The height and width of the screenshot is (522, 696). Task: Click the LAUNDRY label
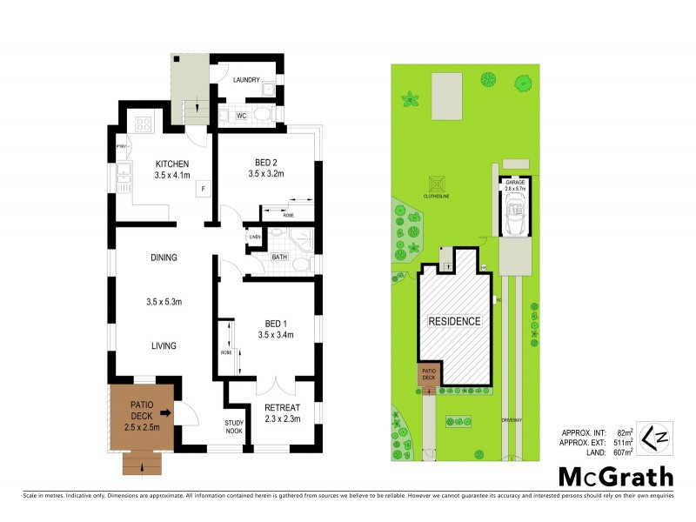point(246,80)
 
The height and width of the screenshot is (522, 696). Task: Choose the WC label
point(241,115)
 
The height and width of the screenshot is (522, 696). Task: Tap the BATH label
point(278,258)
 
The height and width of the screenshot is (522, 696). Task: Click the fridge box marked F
point(203,188)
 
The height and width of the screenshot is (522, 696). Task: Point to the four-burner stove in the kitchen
point(142,124)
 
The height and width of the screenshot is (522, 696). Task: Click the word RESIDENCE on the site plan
point(453,321)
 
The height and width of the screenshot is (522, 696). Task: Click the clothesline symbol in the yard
point(436,185)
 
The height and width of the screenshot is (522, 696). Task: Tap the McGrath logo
point(616,476)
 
